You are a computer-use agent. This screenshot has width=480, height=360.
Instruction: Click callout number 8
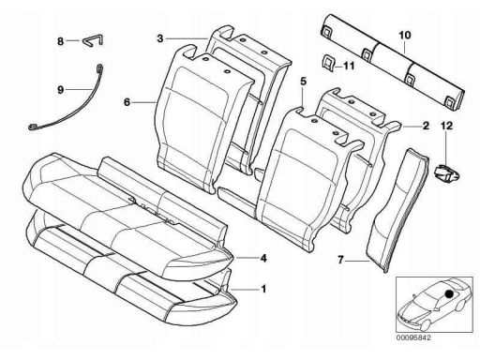click(x=60, y=41)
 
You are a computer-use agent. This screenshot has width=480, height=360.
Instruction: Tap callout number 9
click(x=60, y=90)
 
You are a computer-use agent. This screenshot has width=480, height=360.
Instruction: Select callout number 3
click(x=160, y=38)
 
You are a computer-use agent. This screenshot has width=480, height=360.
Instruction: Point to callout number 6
click(x=127, y=102)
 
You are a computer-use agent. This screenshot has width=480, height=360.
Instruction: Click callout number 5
click(x=303, y=82)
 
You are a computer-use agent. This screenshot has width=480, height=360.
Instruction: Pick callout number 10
click(x=405, y=35)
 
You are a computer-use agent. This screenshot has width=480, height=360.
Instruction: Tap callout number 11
click(x=349, y=66)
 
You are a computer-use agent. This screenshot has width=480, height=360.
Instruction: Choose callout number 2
click(x=426, y=126)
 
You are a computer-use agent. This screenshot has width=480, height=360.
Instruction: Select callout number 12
click(x=446, y=126)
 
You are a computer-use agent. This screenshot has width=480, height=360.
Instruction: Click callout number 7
click(x=340, y=260)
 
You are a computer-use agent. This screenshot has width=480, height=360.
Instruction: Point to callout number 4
click(x=263, y=259)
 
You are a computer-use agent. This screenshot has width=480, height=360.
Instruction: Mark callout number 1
click(x=263, y=289)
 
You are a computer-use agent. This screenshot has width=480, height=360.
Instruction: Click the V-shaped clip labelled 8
click(x=93, y=38)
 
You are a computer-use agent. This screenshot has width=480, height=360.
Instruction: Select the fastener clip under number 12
click(x=447, y=173)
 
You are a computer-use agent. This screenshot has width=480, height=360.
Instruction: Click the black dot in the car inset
click(x=449, y=294)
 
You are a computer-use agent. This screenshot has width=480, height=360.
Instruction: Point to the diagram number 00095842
click(x=413, y=337)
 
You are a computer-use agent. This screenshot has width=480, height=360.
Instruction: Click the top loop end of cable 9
click(x=99, y=67)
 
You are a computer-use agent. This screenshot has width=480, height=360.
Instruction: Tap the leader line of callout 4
click(x=247, y=258)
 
